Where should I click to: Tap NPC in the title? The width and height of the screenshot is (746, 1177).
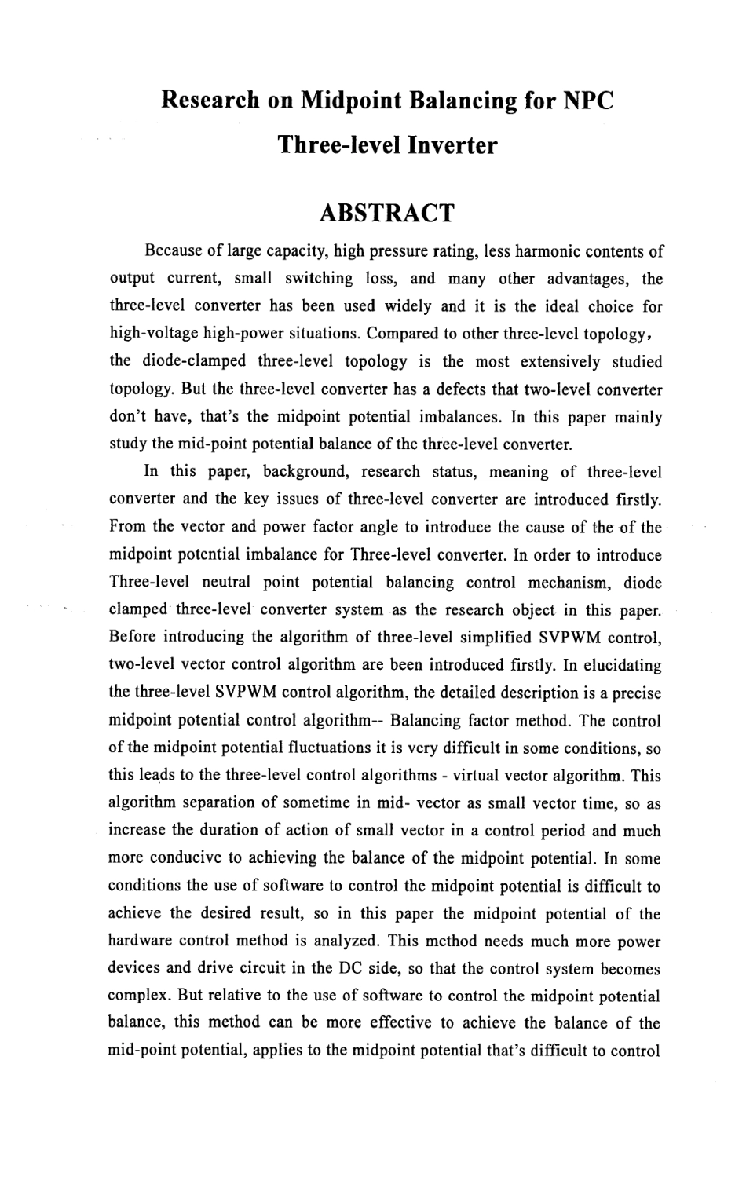click(x=579, y=101)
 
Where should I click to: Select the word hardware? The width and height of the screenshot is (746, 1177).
click(x=141, y=941)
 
